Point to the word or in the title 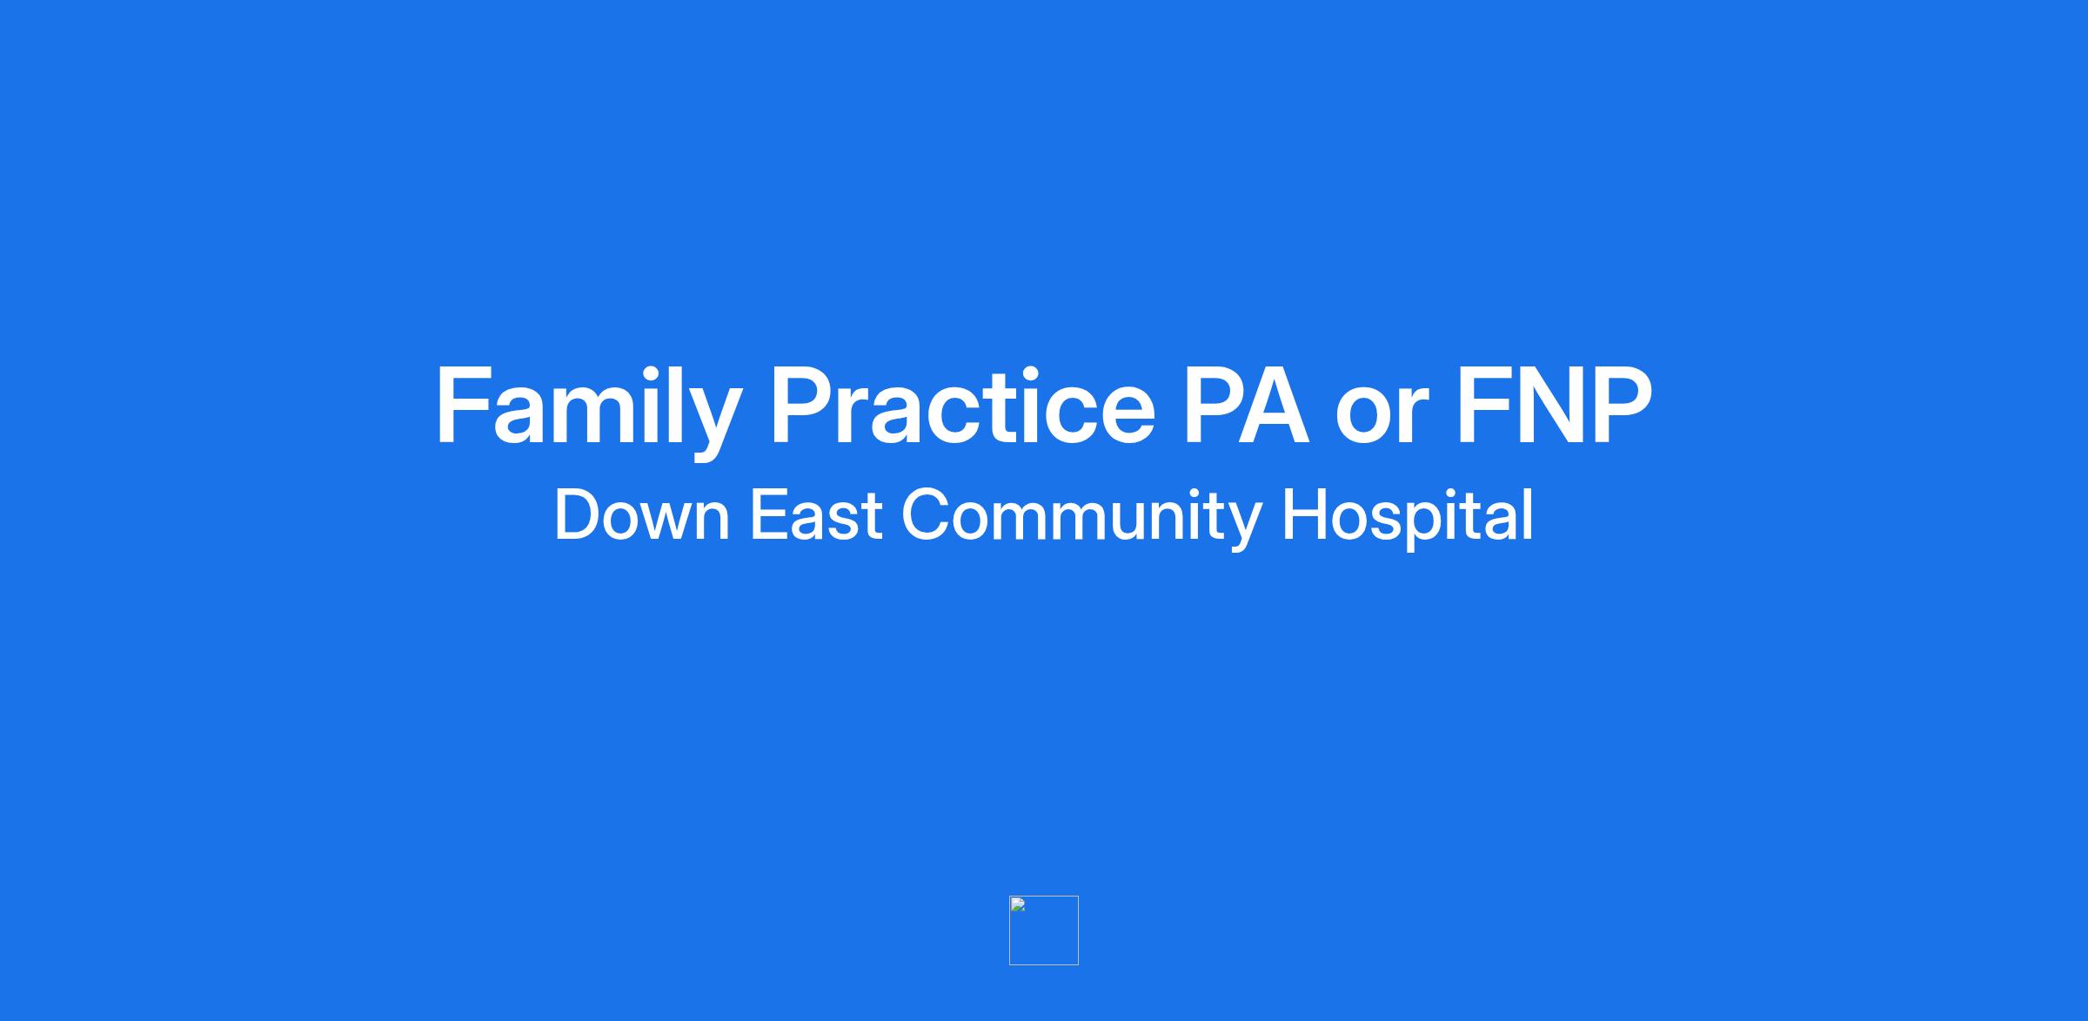point(1382,416)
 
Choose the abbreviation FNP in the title point(1554,406)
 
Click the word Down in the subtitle point(642,515)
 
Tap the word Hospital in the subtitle point(1408,519)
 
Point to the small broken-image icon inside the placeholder point(1018,905)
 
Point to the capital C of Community point(926,515)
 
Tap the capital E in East point(769,515)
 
